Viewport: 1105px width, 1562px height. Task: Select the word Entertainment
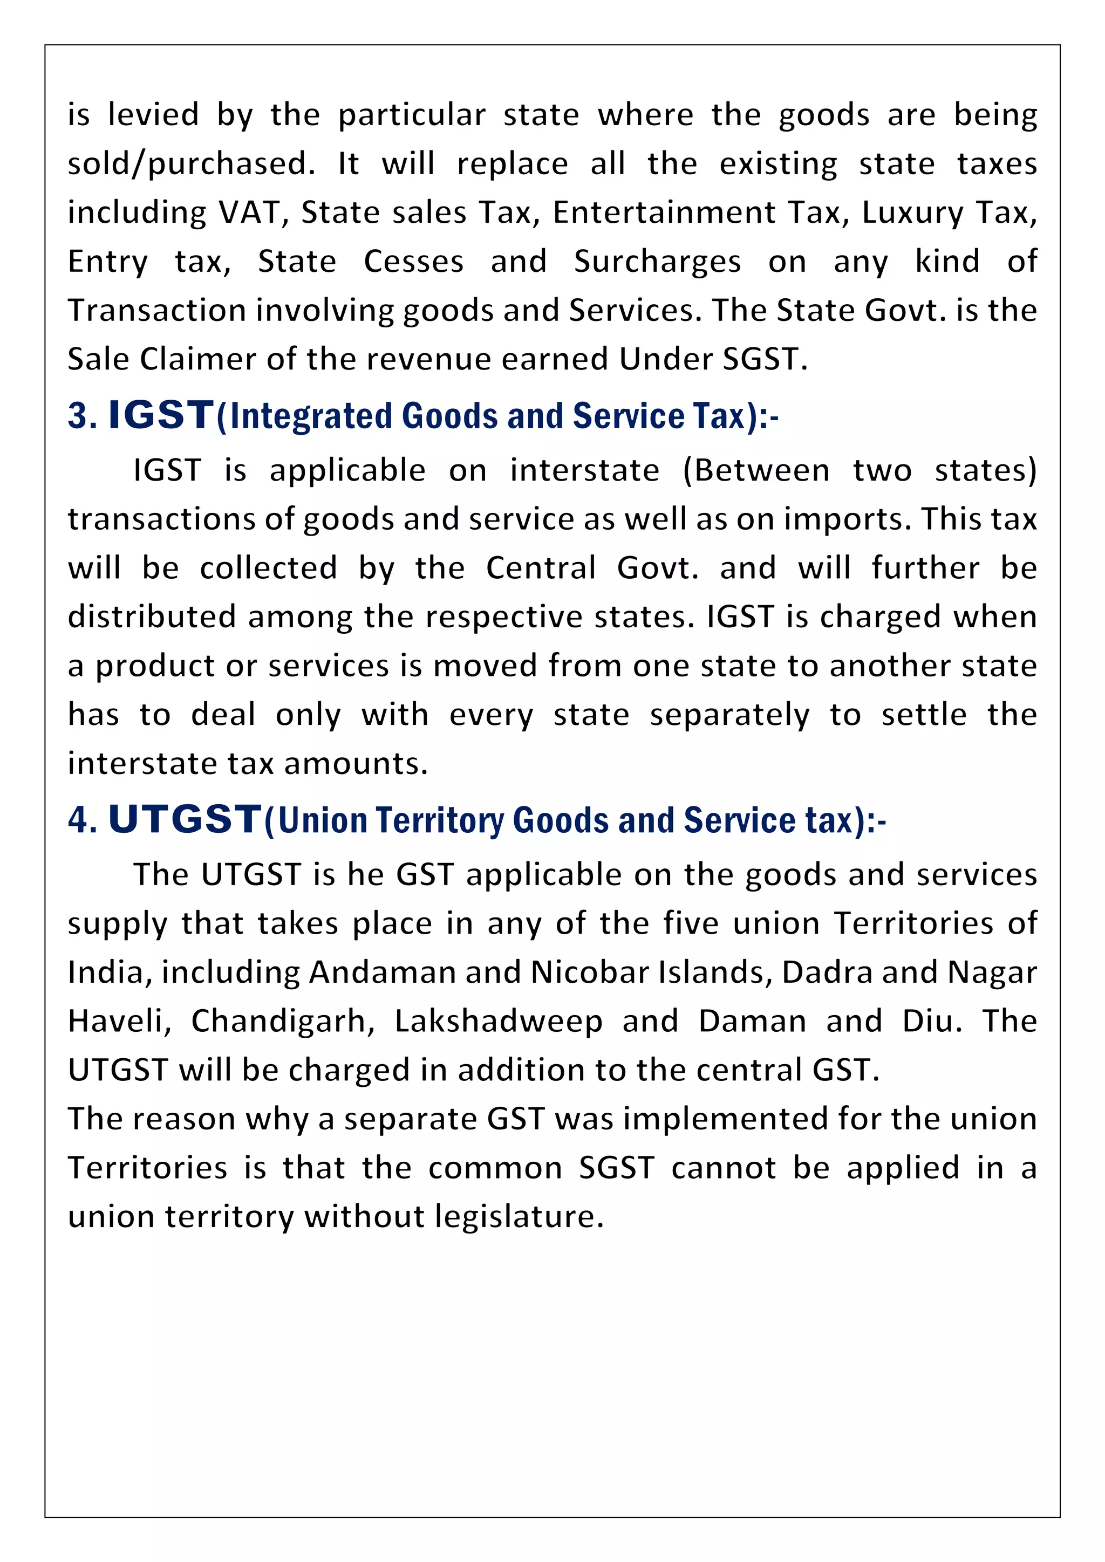tap(664, 213)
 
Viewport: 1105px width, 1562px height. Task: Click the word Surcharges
tap(657, 263)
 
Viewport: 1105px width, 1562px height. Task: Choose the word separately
tap(729, 715)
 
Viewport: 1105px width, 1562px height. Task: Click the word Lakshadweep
tap(498, 1021)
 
